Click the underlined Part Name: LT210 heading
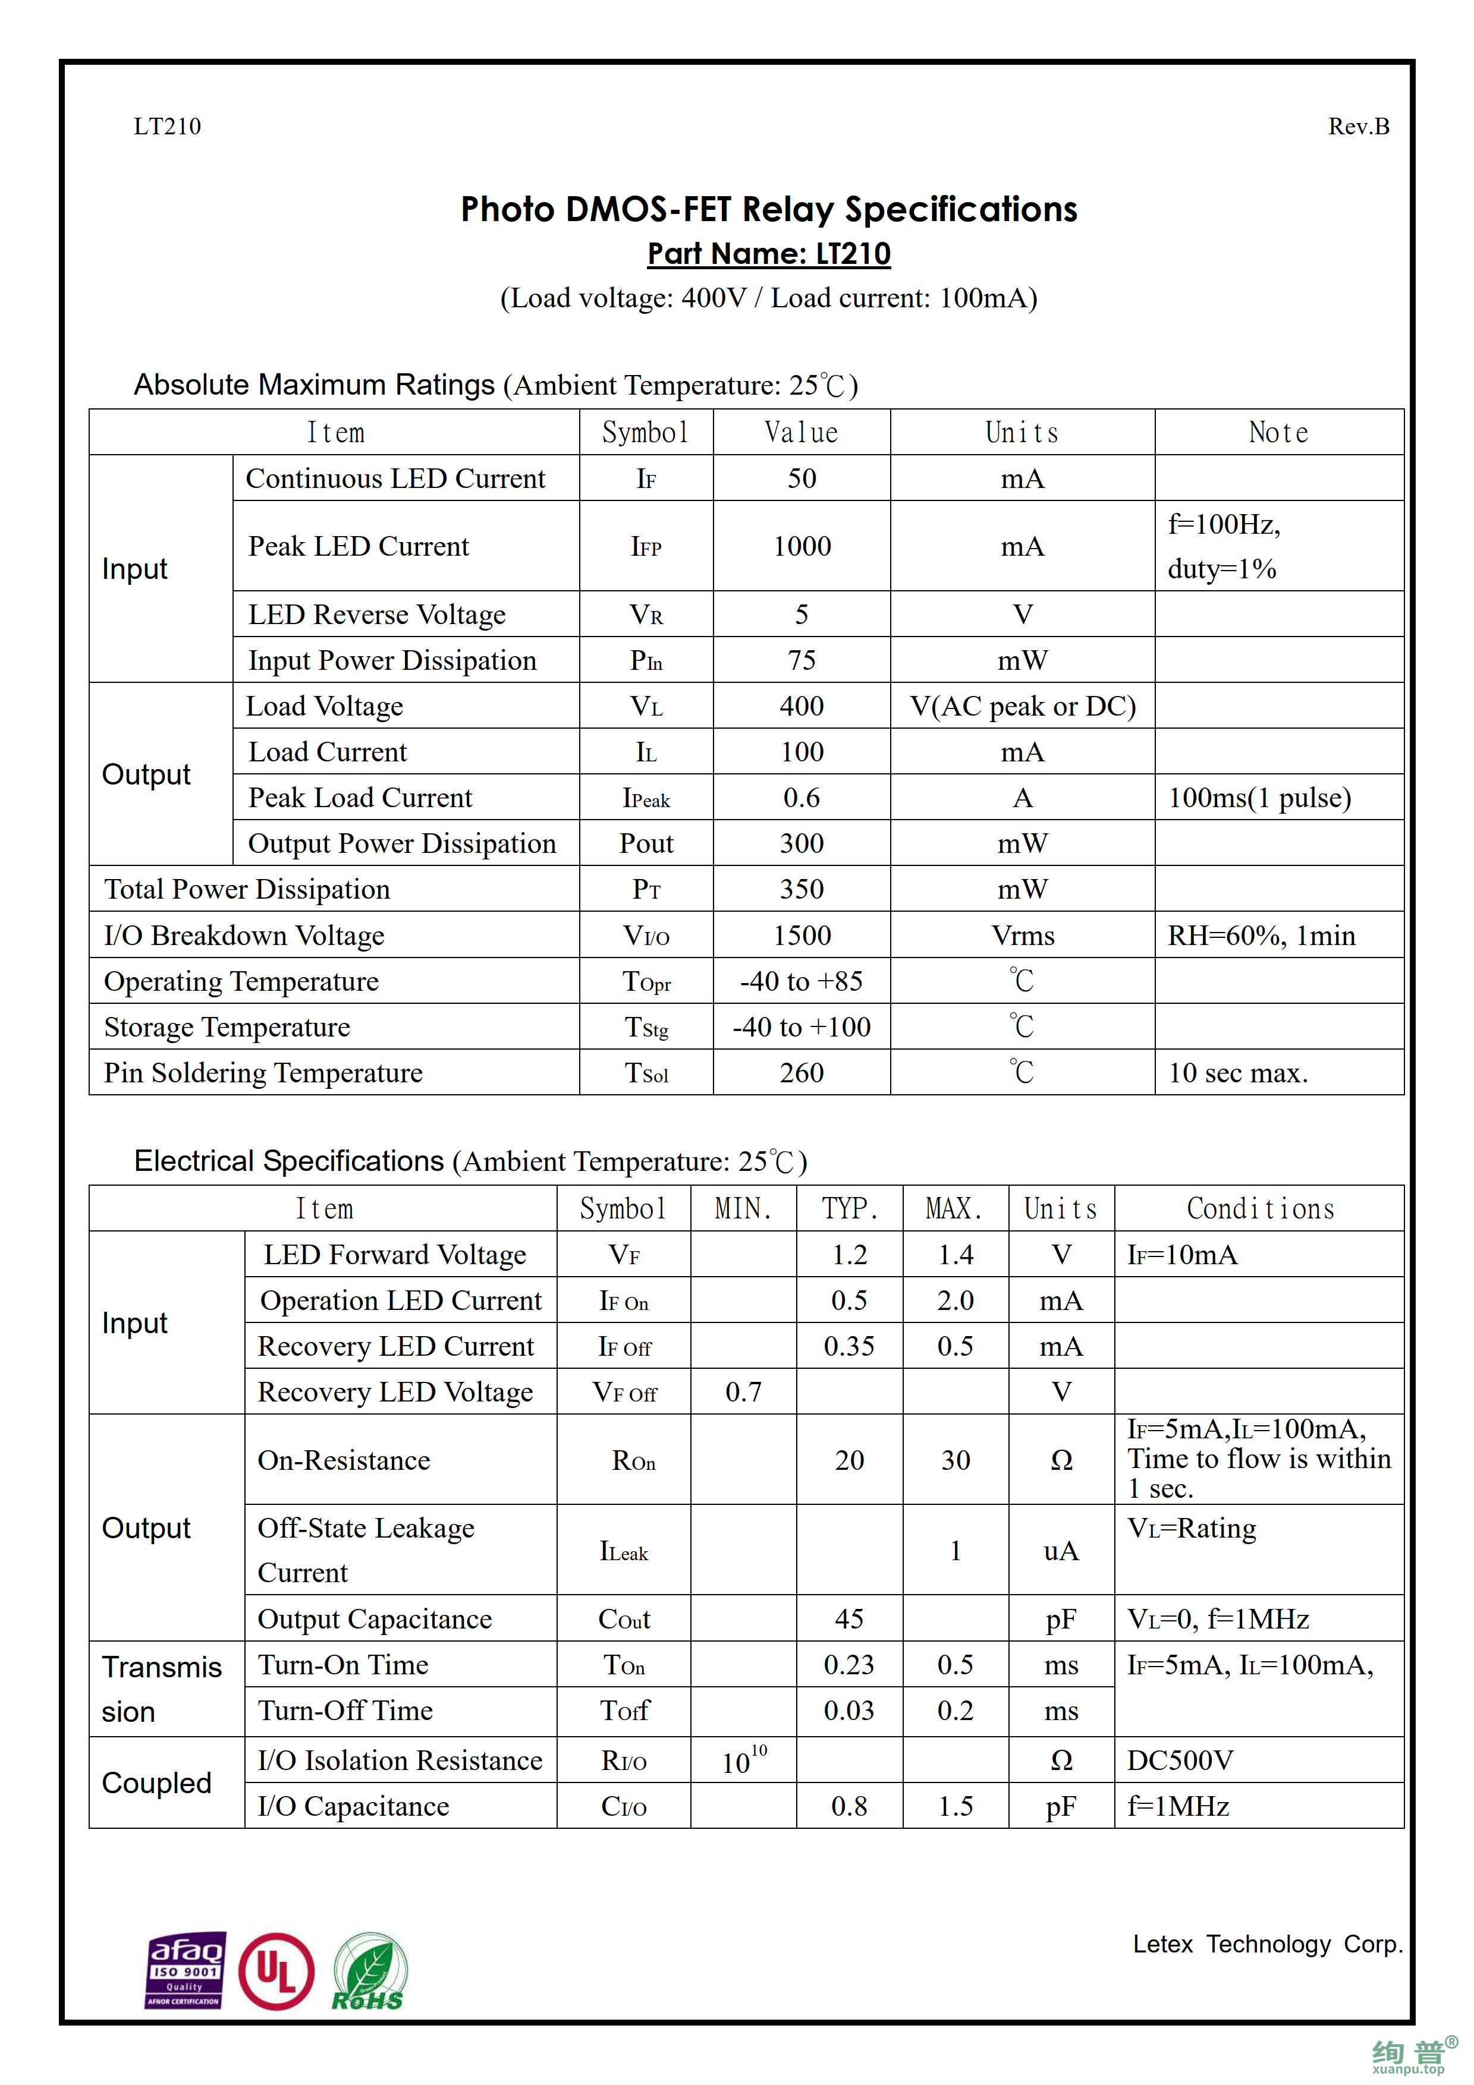pos(768,253)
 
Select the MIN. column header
pos(742,1209)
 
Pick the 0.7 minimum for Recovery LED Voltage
pos(742,1391)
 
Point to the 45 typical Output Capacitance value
pos(848,1618)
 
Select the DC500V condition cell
pos(1180,1760)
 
